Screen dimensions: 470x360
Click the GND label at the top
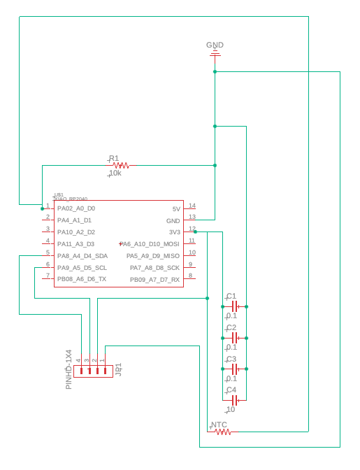pyautogui.click(x=215, y=45)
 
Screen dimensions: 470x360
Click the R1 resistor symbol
pyautogui.click(x=120, y=166)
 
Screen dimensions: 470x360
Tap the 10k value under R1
pyautogui.click(x=115, y=173)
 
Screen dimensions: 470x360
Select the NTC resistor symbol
pyautogui.click(x=222, y=432)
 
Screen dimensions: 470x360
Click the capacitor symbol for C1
pyautogui.click(x=235, y=306)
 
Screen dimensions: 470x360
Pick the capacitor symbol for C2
pyautogui.click(x=235, y=338)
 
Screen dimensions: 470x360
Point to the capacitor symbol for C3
pyautogui.click(x=235, y=369)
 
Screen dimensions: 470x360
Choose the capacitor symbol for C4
pyautogui.click(x=235, y=400)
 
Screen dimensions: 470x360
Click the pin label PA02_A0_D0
pyautogui.click(x=76, y=208)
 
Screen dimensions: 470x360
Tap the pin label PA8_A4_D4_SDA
pyautogui.click(x=82, y=256)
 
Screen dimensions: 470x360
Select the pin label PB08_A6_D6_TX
pyautogui.click(x=82, y=279)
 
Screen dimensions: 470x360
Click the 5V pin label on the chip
pyautogui.click(x=175, y=209)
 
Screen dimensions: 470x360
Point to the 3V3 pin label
pyautogui.click(x=174, y=232)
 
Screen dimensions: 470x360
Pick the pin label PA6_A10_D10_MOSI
pyautogui.click(x=150, y=244)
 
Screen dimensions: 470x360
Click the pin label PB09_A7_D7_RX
pyautogui.click(x=154, y=280)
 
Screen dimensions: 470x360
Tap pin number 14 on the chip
pyautogui.click(x=192, y=206)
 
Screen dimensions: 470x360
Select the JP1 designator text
pyautogui.click(x=119, y=368)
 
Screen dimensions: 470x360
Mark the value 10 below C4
pyautogui.click(x=231, y=410)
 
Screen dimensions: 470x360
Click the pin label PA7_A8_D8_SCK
pyautogui.click(x=154, y=268)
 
